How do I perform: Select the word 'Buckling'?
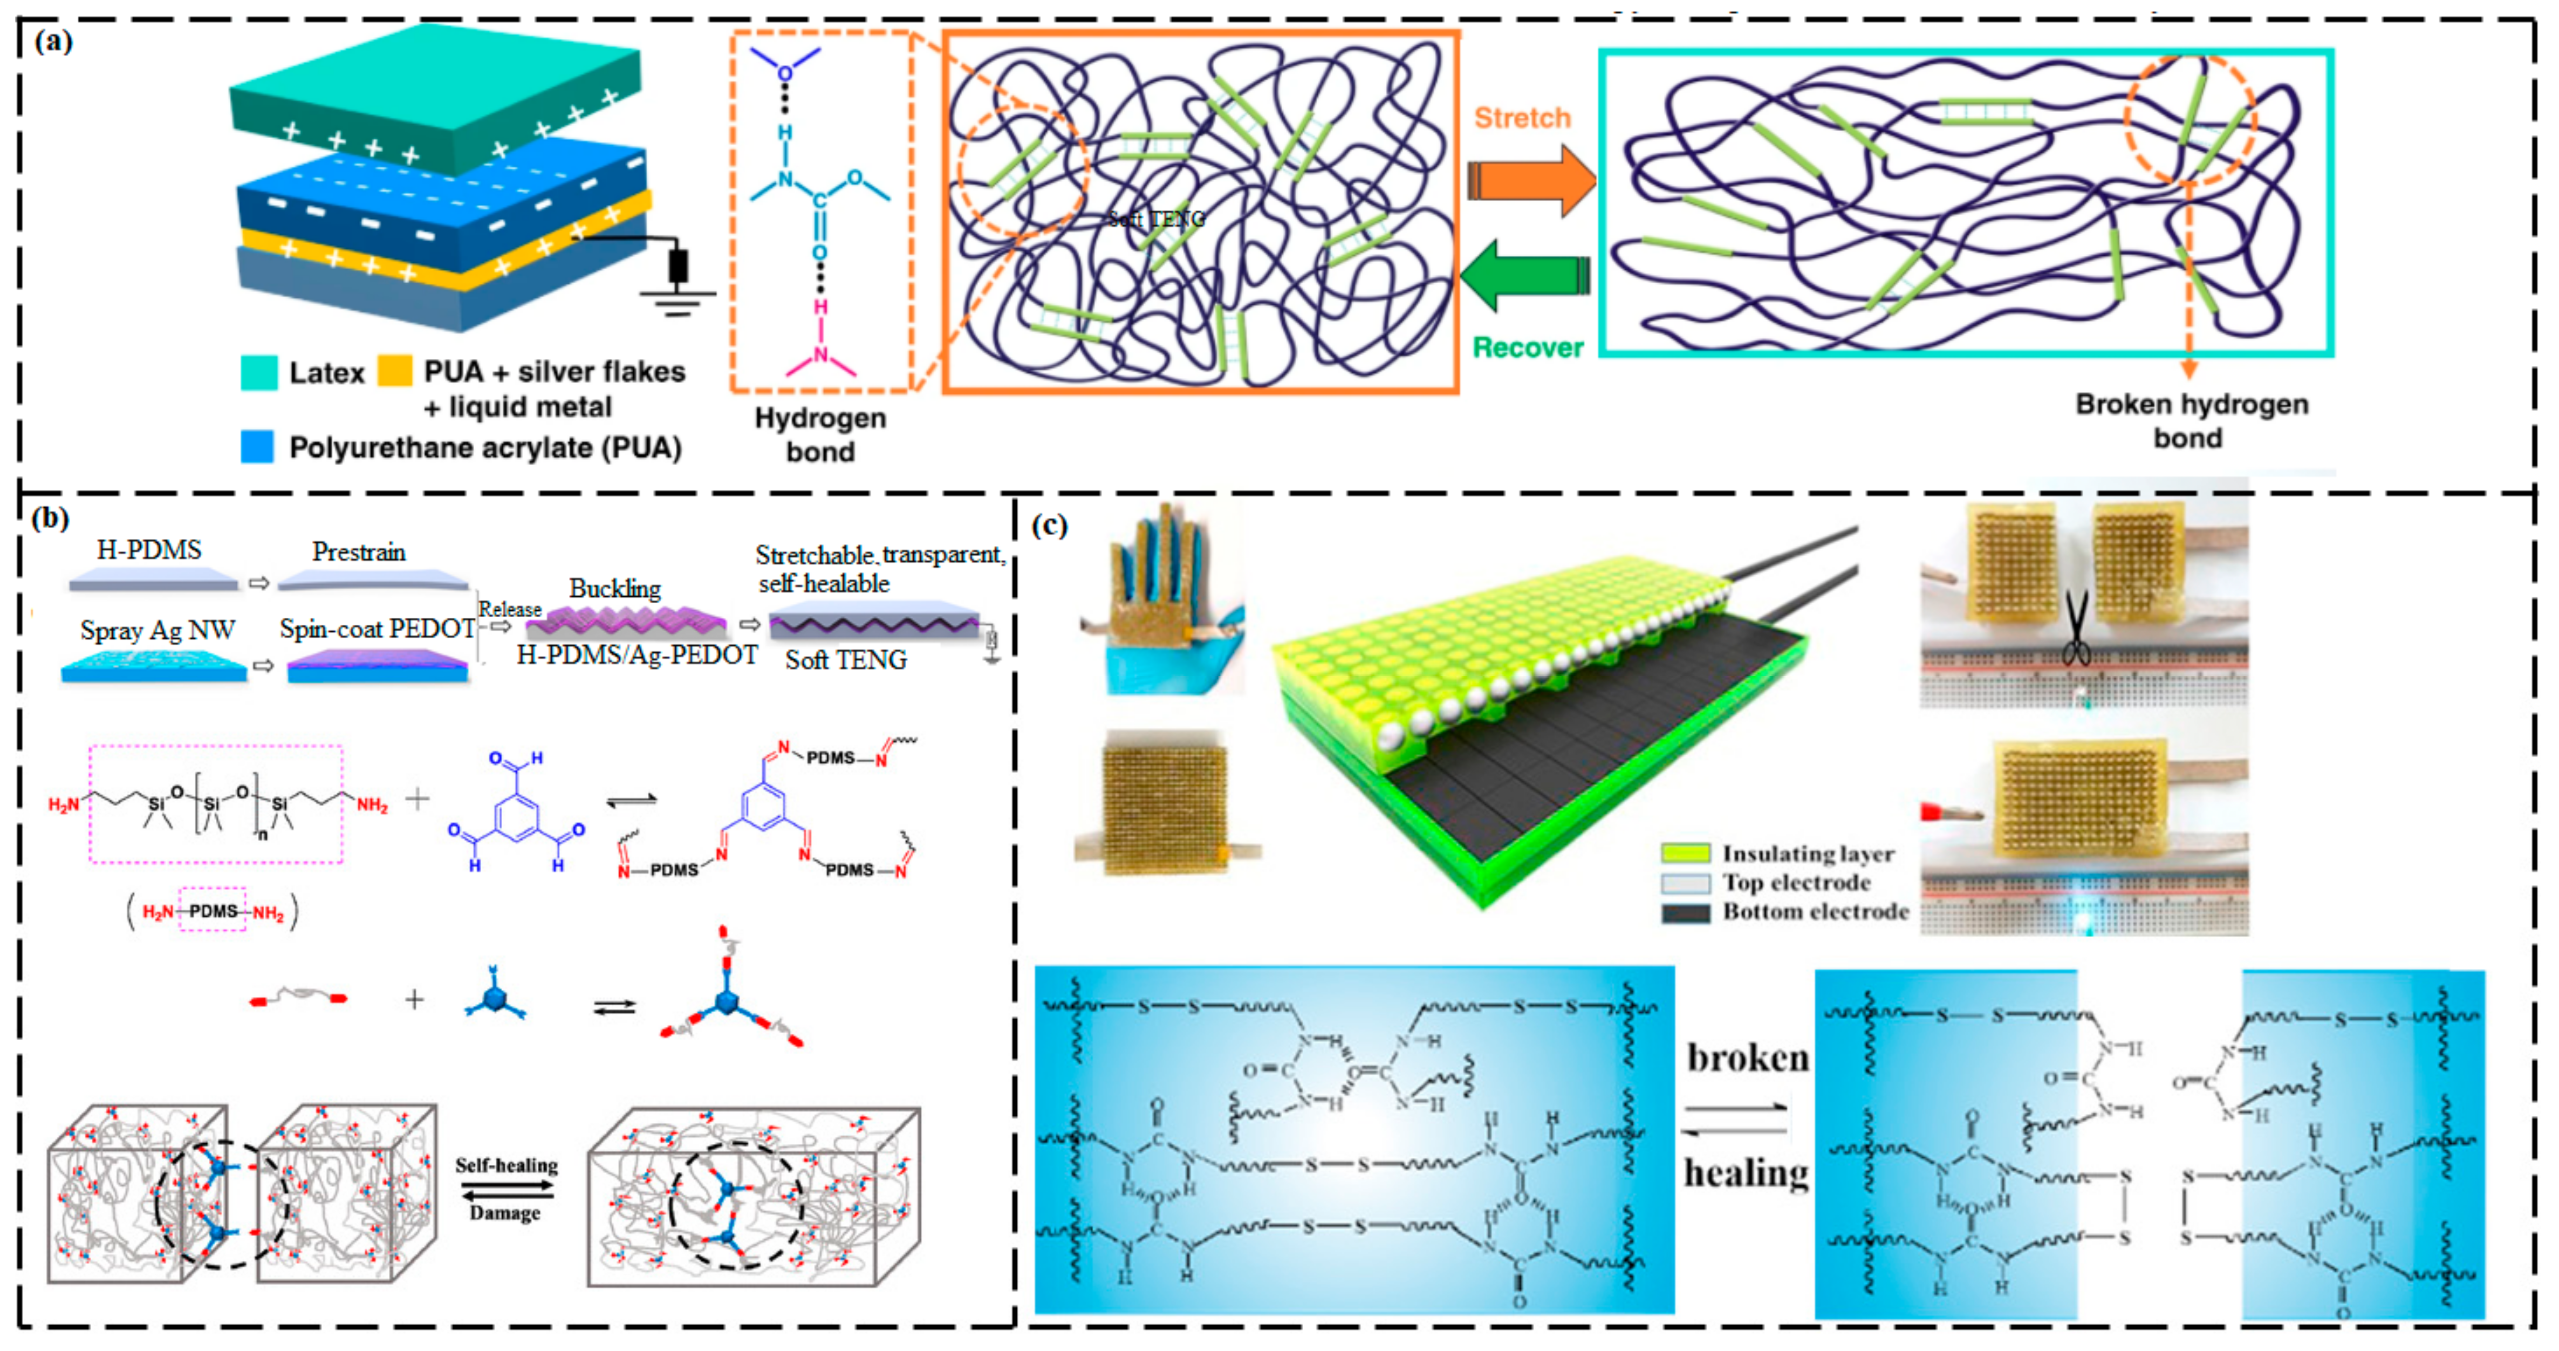point(615,589)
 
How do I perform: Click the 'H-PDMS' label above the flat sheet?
point(149,549)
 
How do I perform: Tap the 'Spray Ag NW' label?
point(157,630)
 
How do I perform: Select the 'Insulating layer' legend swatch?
point(1686,852)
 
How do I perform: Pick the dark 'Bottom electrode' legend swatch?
point(1686,912)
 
